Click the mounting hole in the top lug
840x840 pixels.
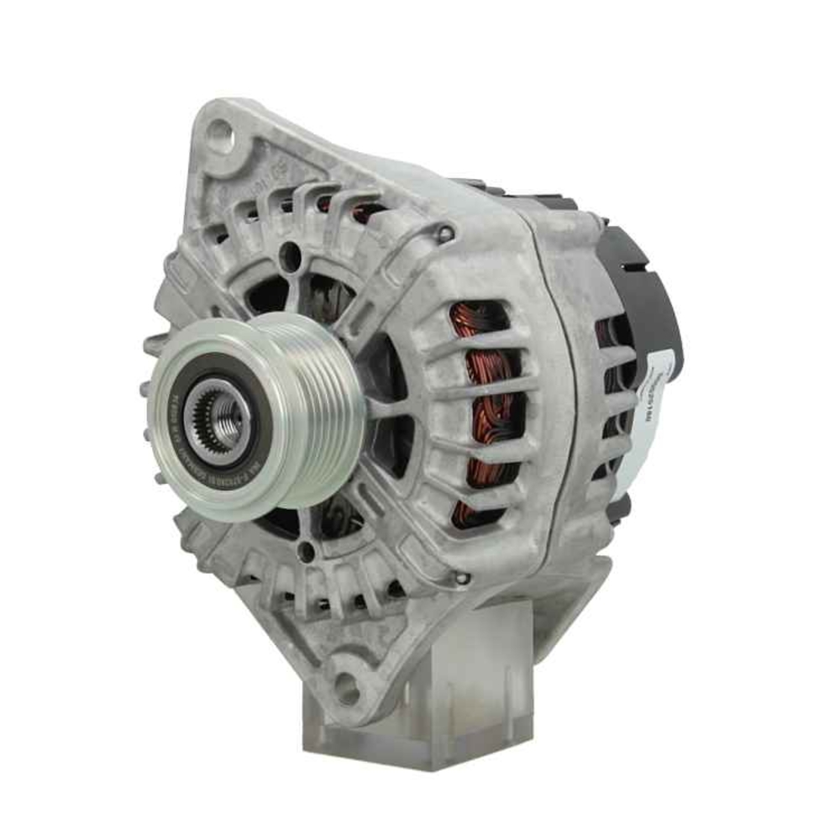coord(218,132)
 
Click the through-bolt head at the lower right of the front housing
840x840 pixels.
coord(460,579)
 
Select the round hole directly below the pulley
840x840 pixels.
coord(307,550)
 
